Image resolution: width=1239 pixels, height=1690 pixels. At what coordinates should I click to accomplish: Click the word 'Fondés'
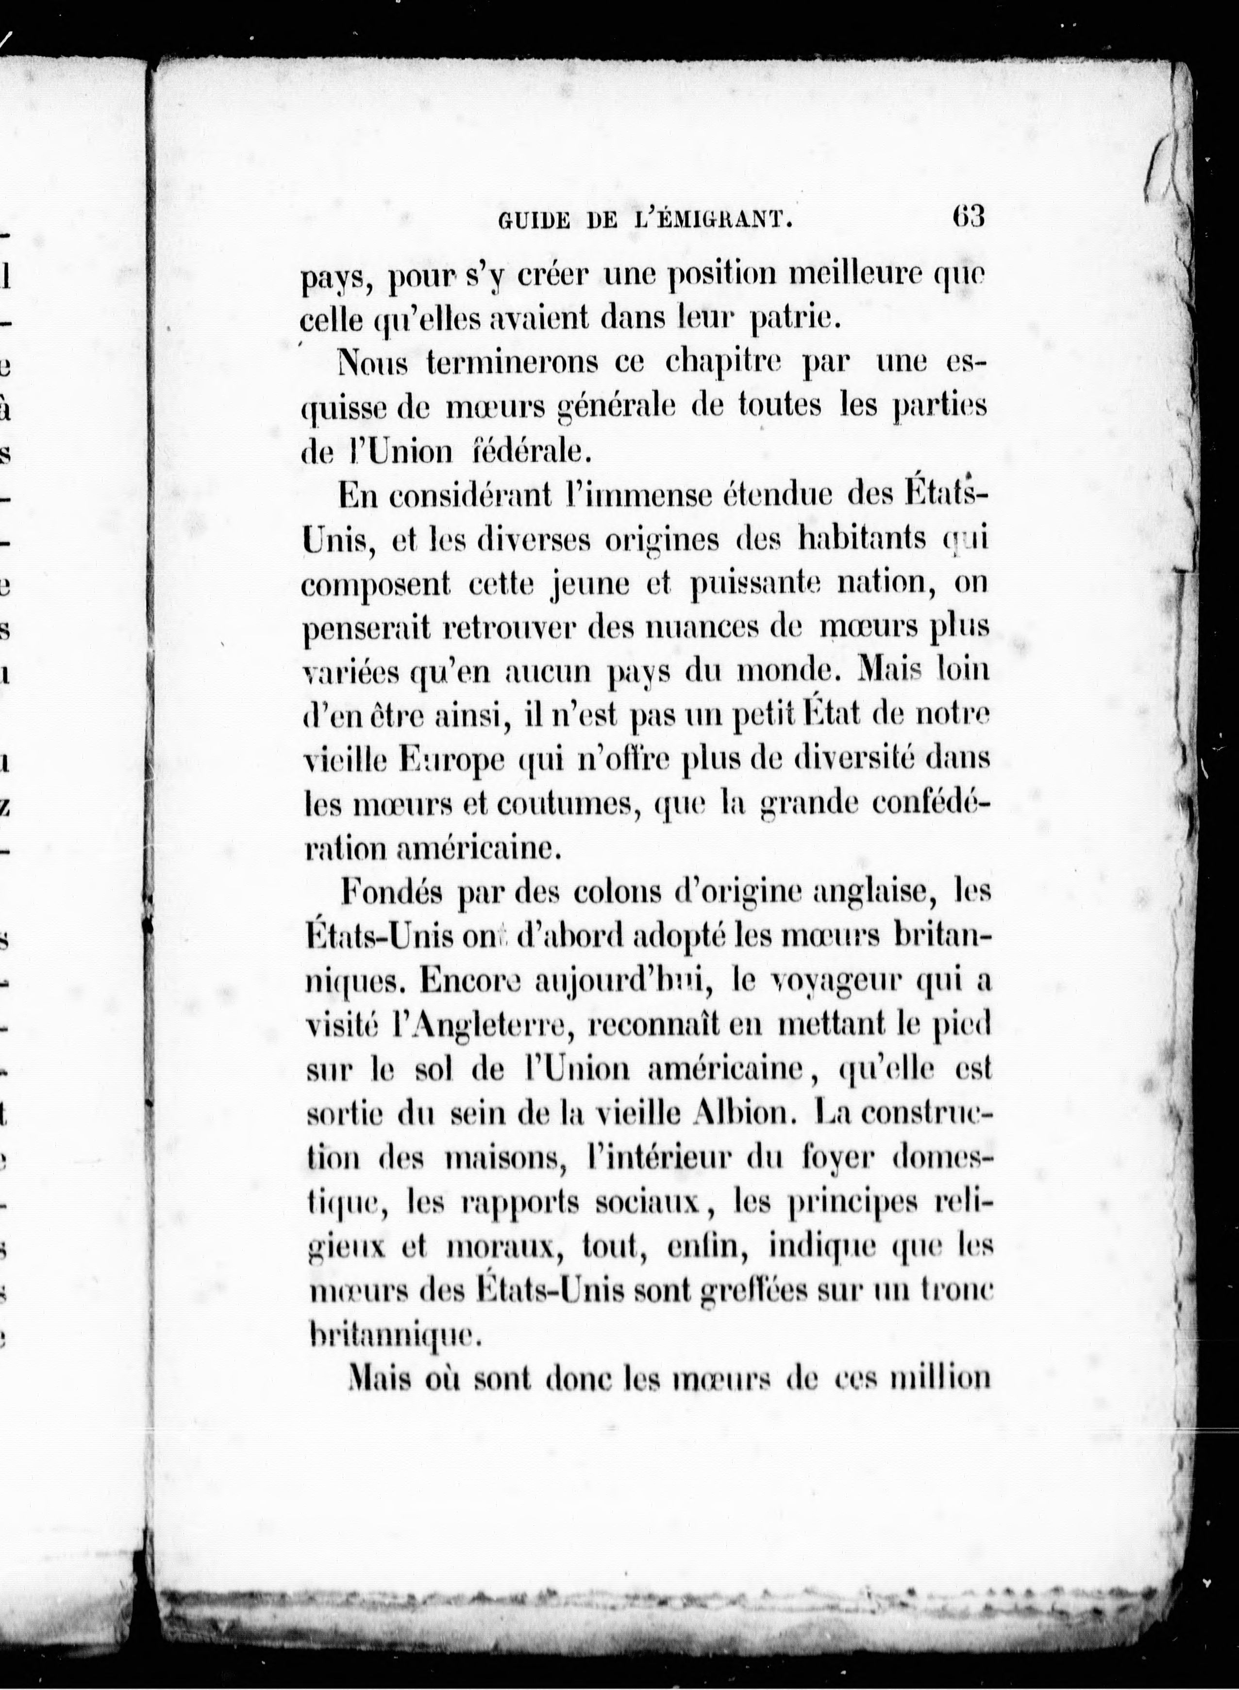click(392, 892)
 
